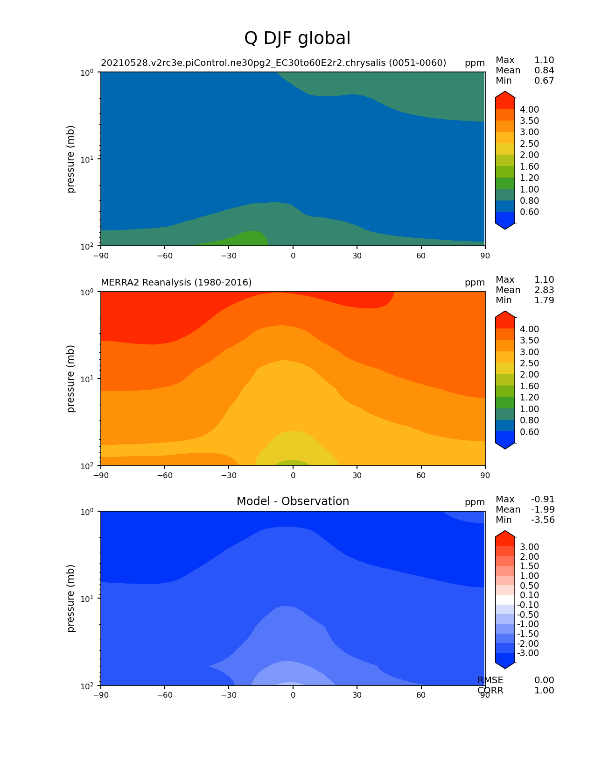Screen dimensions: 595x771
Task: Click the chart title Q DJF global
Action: (x=297, y=38)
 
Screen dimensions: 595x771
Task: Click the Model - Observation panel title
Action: (x=293, y=501)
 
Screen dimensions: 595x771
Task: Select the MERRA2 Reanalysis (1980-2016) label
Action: (x=176, y=282)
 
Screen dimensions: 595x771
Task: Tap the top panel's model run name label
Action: (x=273, y=63)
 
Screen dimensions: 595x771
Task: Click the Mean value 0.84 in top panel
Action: (x=544, y=70)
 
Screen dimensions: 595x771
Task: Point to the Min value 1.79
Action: (x=544, y=300)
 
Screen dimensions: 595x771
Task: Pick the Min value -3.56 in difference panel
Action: (x=543, y=520)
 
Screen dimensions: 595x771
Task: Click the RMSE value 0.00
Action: (x=544, y=680)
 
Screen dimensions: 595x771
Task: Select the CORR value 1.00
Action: (x=544, y=690)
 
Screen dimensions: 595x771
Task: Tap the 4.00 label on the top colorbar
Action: (x=529, y=109)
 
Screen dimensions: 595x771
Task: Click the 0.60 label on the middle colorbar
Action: (x=529, y=432)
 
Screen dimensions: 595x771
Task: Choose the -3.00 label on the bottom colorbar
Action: (x=528, y=653)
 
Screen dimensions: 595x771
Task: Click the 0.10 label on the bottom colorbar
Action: (x=529, y=595)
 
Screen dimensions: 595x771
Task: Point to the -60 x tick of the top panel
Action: (x=165, y=256)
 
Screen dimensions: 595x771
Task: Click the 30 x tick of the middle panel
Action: (x=357, y=475)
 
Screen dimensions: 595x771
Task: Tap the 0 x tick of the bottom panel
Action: (x=293, y=695)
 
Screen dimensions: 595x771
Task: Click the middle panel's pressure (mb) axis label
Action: (x=71, y=378)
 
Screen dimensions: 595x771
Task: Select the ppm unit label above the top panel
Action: (x=475, y=63)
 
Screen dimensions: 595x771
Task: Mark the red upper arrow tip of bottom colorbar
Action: (x=504, y=530)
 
